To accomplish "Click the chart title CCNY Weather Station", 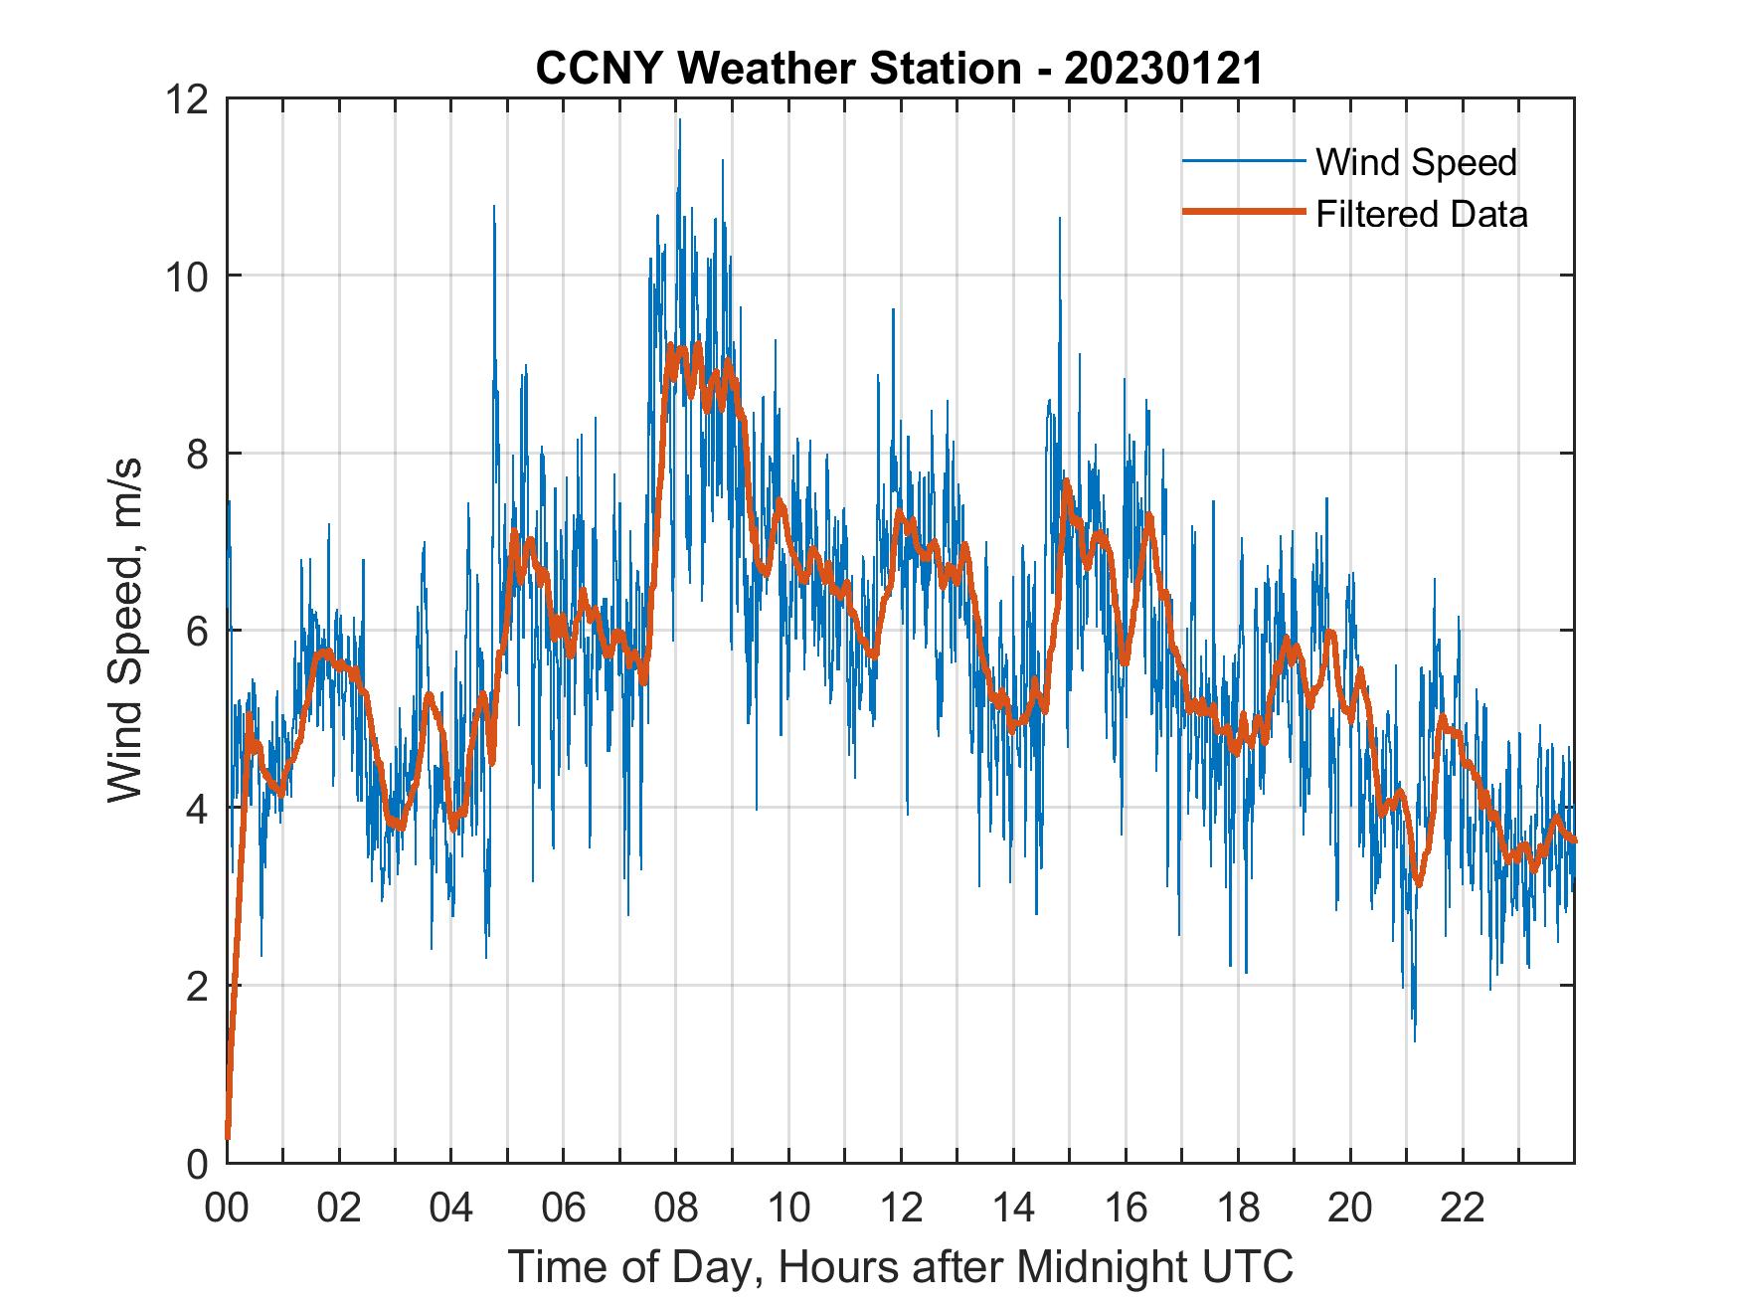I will coord(778,69).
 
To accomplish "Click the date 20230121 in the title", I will coord(1162,69).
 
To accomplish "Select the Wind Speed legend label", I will coord(1416,162).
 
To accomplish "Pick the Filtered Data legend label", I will coord(1421,214).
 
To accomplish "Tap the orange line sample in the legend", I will coord(1243,212).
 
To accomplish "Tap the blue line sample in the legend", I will coord(1243,161).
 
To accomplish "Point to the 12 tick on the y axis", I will coord(190,98).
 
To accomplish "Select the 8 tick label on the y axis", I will coord(198,454).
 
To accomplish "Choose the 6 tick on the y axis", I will coord(198,631).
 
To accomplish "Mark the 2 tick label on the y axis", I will coord(198,986).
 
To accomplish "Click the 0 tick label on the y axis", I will coord(198,1163).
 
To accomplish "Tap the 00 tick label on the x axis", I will coord(228,1210).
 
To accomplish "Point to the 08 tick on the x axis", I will coord(676,1210).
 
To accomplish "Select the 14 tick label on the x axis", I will coord(1013,1210).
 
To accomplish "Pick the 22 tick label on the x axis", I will coord(1463,1210).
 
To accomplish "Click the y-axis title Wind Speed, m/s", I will coord(125,631).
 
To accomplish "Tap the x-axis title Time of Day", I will coord(901,1266).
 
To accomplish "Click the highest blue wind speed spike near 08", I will coord(680,120).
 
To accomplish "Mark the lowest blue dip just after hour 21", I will coord(1414,1039).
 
